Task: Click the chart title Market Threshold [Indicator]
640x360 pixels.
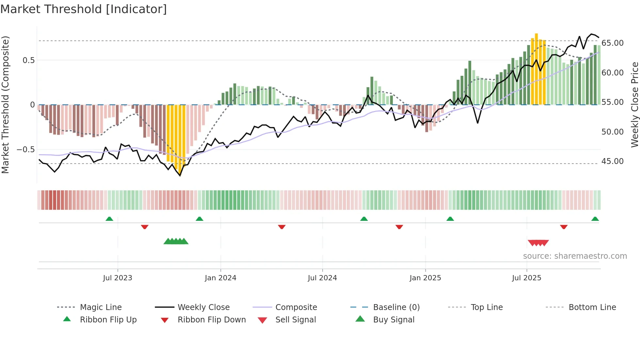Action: (x=84, y=9)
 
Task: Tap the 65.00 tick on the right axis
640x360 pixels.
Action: (x=612, y=43)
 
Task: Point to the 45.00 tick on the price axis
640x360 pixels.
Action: (x=612, y=161)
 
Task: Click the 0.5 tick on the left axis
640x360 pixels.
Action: (x=28, y=60)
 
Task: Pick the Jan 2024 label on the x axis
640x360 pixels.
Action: (x=220, y=278)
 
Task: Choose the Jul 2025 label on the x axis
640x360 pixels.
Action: (x=526, y=278)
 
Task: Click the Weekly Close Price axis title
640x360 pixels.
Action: (x=634, y=105)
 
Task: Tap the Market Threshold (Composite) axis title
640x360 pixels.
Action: (x=5, y=105)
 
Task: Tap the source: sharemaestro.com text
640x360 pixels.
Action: (x=575, y=256)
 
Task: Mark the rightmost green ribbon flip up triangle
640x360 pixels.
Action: (x=595, y=219)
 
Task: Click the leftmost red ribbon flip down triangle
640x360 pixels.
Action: (x=145, y=227)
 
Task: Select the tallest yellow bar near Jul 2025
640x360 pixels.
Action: (x=536, y=69)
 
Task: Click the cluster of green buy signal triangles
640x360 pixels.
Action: (x=176, y=241)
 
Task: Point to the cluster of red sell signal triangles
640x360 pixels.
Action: (x=538, y=243)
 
